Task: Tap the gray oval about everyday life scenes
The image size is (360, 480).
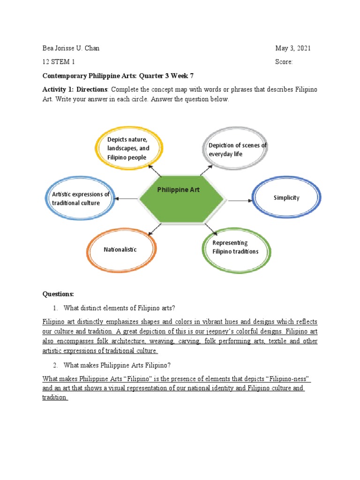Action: (x=237, y=149)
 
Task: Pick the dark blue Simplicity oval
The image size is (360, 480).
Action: (x=286, y=197)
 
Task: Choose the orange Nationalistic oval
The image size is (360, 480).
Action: (x=120, y=249)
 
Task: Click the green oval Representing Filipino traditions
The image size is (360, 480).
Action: (x=236, y=247)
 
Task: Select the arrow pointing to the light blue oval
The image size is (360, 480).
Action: (x=127, y=199)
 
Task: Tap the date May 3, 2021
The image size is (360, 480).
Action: (x=292, y=48)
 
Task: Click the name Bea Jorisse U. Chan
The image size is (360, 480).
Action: (x=71, y=48)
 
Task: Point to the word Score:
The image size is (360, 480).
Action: (x=284, y=62)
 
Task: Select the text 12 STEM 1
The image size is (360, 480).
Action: (x=59, y=62)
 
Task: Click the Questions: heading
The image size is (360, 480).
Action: (x=58, y=294)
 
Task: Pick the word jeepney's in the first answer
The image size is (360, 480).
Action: (x=225, y=331)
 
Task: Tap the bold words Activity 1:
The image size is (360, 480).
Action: (x=59, y=89)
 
